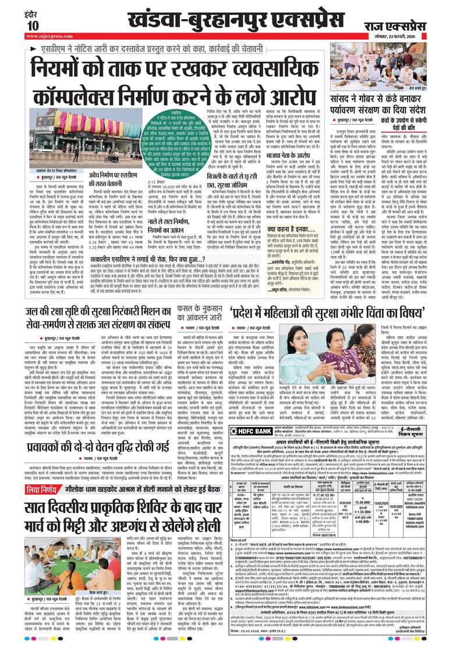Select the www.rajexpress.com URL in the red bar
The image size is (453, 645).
pos(46,37)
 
